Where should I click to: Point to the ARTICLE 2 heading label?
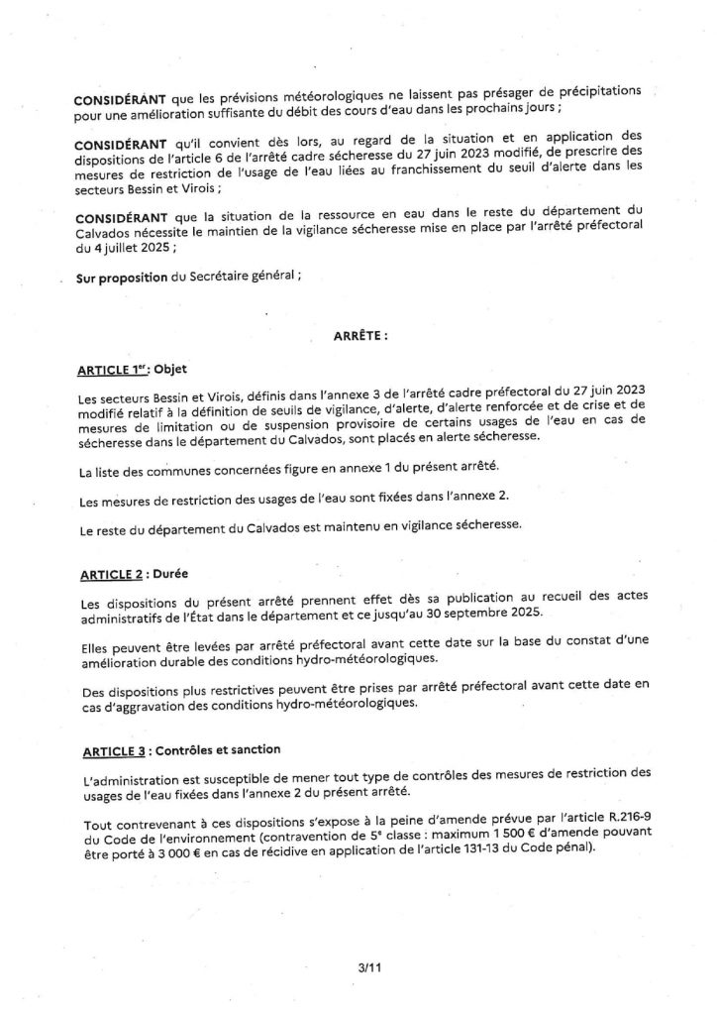108,574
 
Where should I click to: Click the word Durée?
167,574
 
